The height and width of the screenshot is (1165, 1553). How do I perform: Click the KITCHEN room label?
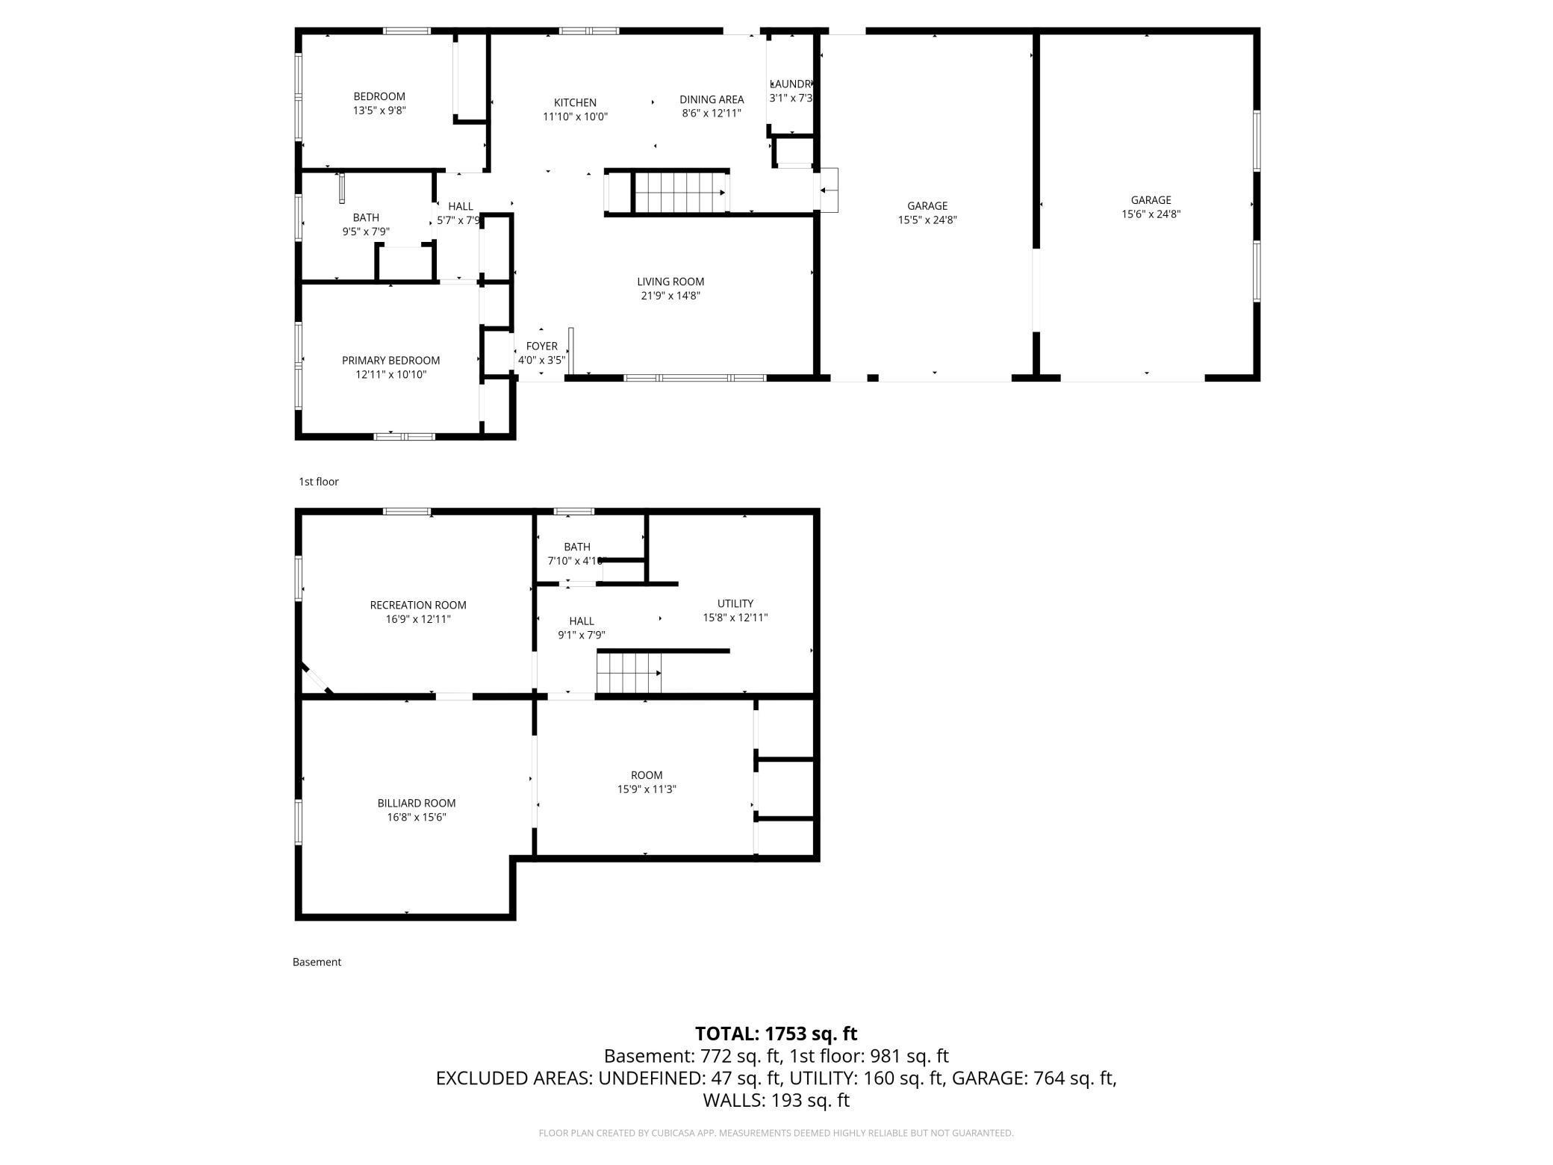click(575, 103)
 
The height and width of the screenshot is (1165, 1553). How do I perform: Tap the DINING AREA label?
click(711, 99)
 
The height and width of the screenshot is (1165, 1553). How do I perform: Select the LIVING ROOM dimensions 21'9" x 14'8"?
click(670, 296)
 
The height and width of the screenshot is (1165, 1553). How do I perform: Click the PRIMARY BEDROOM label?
click(390, 361)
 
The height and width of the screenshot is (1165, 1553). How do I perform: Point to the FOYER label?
click(541, 347)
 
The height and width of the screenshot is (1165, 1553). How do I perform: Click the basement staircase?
click(629, 673)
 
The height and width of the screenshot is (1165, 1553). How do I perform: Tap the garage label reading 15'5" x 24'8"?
click(927, 220)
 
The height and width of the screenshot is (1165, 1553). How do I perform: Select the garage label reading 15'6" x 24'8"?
click(1150, 214)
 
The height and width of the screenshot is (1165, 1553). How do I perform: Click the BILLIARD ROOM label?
click(416, 804)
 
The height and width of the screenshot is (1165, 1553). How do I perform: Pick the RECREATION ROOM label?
click(418, 606)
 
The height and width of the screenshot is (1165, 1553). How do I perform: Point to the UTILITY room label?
click(735, 603)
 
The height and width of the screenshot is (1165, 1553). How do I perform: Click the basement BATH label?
click(576, 547)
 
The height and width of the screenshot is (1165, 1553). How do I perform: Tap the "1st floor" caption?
click(319, 482)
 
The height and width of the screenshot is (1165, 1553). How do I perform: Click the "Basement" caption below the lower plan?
click(317, 962)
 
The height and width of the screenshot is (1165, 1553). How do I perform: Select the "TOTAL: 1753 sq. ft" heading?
click(776, 1034)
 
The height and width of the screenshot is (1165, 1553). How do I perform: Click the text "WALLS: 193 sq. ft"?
click(776, 1100)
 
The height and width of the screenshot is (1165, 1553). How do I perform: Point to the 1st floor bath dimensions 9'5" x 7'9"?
click(365, 232)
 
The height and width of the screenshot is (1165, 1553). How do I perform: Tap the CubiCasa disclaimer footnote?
click(776, 1133)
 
